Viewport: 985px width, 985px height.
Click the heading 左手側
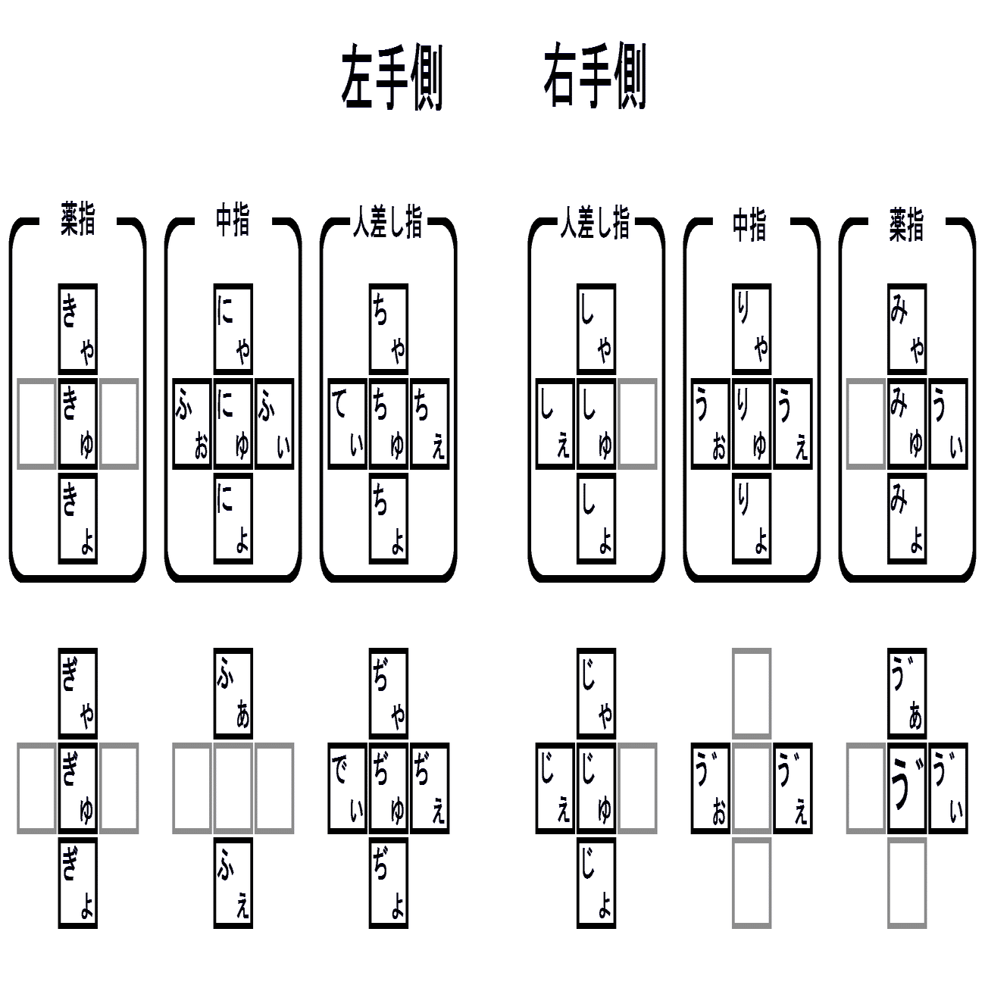(x=391, y=79)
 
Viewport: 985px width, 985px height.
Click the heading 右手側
(x=595, y=79)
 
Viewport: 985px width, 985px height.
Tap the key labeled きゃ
(x=78, y=328)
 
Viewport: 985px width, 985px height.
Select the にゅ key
(x=233, y=424)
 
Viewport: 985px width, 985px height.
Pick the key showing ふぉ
(x=192, y=424)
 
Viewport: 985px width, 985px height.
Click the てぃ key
(x=348, y=424)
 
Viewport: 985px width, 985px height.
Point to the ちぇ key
(x=430, y=424)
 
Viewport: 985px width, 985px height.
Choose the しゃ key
(x=596, y=328)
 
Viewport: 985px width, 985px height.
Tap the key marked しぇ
(x=555, y=424)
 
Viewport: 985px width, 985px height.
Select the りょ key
(x=752, y=519)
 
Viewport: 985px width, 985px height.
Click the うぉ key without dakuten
(x=711, y=424)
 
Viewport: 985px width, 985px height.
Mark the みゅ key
(x=907, y=424)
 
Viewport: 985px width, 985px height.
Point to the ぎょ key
(x=78, y=883)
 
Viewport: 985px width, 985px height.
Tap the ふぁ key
(x=233, y=693)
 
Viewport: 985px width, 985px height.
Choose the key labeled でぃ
(x=348, y=788)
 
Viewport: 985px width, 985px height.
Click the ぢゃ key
(x=389, y=693)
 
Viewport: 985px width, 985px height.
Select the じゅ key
(x=596, y=788)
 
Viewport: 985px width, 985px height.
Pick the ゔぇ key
(x=793, y=788)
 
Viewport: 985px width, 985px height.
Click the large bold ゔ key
(x=907, y=788)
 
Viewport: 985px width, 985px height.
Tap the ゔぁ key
(x=907, y=693)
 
